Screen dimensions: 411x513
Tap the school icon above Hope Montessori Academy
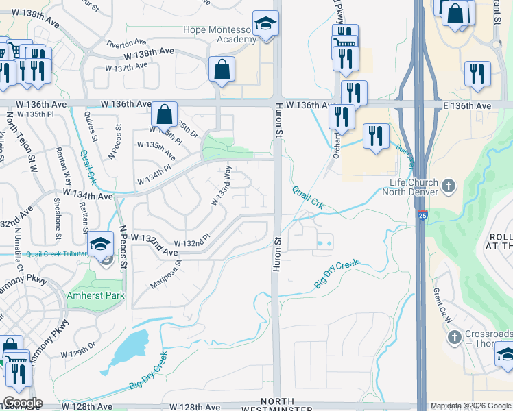coord(263,25)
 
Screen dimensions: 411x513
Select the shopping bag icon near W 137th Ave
coord(222,69)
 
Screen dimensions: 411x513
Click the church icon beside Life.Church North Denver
coord(449,186)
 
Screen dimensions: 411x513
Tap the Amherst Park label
coord(96,296)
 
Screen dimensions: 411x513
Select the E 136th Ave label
coord(466,106)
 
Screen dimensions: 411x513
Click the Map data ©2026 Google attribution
coord(470,406)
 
